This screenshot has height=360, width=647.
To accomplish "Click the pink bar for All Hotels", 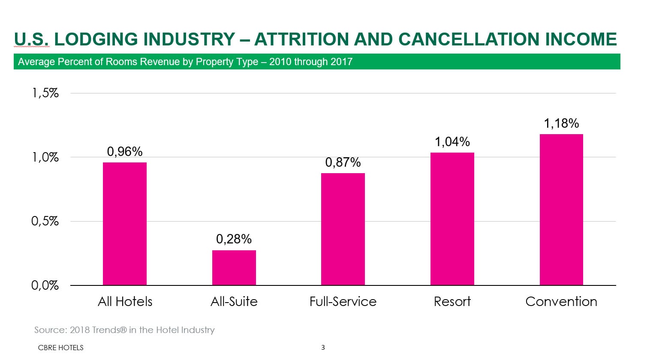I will (125, 224).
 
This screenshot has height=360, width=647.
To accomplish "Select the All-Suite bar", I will (234, 267).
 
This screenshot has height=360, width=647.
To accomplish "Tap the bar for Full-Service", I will (343, 229).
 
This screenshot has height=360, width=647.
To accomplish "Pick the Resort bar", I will (452, 219).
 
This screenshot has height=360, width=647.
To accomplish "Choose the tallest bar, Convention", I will (561, 210).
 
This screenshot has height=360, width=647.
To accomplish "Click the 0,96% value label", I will (125, 152).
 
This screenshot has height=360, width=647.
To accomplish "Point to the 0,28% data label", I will (234, 239).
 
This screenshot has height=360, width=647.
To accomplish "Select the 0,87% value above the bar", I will (343, 162).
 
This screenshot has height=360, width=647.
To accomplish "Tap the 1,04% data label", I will (452, 142).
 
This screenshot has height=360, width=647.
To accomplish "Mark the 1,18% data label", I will (561, 123).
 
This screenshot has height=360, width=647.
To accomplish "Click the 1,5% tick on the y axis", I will (45, 93).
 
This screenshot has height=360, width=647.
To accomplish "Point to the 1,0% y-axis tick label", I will (45, 157).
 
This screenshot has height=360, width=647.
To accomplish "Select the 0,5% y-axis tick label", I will (45, 221).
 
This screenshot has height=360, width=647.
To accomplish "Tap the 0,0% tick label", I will (45, 285).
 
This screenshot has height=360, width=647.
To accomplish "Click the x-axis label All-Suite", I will (234, 302).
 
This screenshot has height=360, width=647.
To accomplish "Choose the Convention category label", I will (561, 302).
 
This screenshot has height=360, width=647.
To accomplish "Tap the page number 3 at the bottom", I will (323, 348).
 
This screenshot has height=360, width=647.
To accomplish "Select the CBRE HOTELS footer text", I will (60, 348).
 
